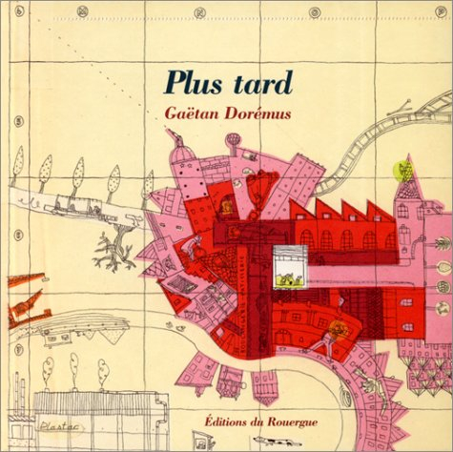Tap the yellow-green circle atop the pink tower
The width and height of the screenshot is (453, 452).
pos(402,172)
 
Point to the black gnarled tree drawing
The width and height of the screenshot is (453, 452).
pos(114,253)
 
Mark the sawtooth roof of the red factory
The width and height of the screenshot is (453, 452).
pos(341,212)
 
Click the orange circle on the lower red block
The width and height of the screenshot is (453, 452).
pos(336,329)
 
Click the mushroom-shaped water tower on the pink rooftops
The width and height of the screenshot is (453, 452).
pos(233,143)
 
